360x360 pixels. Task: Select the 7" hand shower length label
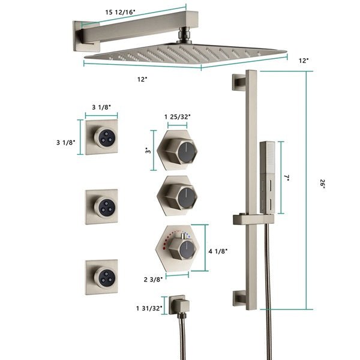coord(287,178)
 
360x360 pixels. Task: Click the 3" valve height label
coord(148,151)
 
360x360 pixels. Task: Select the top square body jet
coord(101,137)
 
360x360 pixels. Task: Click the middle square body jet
coord(101,207)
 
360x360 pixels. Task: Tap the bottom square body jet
coord(101,277)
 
